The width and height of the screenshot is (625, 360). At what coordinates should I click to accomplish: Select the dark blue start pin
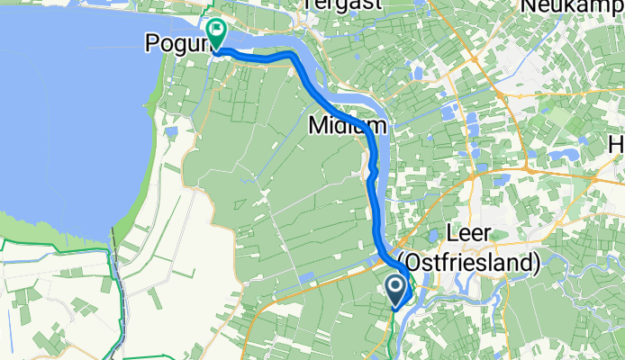396,290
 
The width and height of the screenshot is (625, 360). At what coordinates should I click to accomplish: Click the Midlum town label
346,125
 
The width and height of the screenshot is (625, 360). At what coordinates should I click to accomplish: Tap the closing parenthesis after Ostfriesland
536,264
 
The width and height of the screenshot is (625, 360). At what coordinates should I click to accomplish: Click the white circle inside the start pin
396,286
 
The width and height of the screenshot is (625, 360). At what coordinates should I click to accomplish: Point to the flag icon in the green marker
216,31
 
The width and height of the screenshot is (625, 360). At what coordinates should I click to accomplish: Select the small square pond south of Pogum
171,133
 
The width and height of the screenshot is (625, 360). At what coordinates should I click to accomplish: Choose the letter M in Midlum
318,125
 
